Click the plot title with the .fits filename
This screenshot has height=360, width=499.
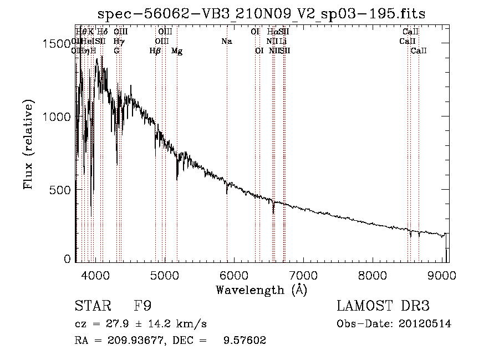[x=262, y=14]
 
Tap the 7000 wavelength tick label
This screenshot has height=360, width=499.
[x=303, y=276]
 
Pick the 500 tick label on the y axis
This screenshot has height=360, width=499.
[x=62, y=190]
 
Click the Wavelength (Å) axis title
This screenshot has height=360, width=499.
[x=261, y=290]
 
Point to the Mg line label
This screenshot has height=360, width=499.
[x=177, y=51]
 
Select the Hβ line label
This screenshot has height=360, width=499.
[x=155, y=51]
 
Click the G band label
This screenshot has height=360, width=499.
[x=116, y=51]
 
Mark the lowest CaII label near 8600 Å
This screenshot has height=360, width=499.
[x=419, y=51]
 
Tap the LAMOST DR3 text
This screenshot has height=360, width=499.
[x=383, y=306]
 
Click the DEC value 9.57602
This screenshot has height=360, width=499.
[x=246, y=341]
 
